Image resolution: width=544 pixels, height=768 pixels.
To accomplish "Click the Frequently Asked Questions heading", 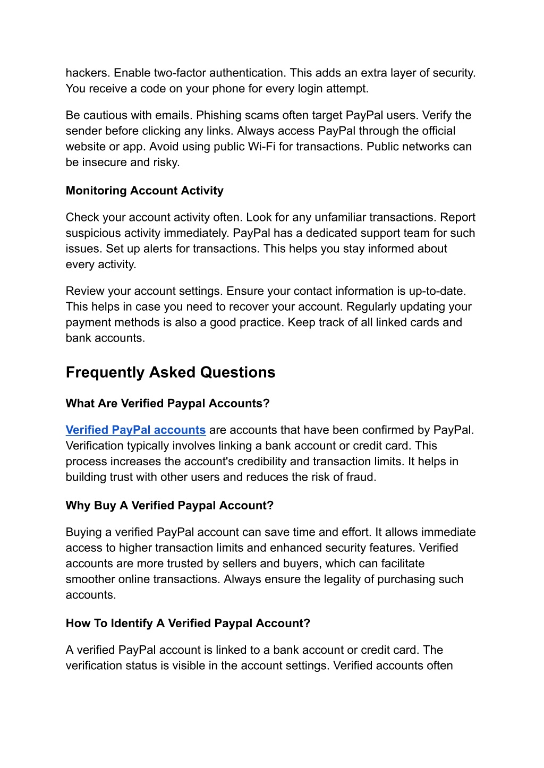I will coord(171,372).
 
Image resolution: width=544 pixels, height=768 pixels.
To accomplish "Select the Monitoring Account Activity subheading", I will coord(144,191).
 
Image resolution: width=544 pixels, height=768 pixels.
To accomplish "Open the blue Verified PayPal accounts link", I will coord(135,430).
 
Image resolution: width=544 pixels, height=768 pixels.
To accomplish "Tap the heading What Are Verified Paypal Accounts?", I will coord(168,404).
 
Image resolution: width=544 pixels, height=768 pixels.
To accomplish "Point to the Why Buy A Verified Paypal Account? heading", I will coord(169,506).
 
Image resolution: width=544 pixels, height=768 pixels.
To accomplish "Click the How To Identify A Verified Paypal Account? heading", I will coord(188,624).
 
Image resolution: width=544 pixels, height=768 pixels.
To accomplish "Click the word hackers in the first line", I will coord(88,73).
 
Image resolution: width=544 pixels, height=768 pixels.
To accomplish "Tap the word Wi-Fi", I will coord(261,147).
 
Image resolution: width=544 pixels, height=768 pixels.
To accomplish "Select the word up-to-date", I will coord(437,292).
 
